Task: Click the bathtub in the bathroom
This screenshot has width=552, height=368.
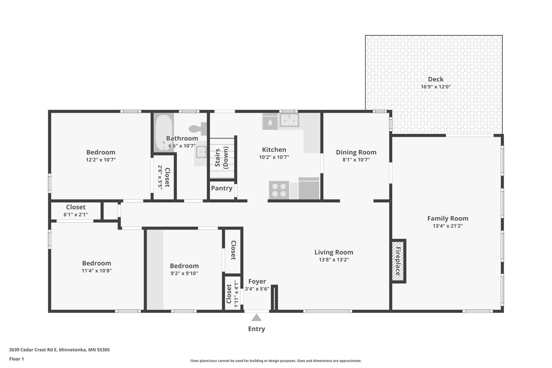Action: coord(163,132)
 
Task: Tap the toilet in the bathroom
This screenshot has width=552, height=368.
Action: coord(198,129)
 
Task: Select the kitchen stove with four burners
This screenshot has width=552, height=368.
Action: coord(279,190)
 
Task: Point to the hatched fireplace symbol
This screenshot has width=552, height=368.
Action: coord(398,261)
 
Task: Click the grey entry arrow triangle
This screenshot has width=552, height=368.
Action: coord(256,318)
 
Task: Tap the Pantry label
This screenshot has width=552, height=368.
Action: coord(222,188)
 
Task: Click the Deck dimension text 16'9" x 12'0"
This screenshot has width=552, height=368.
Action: coord(435,87)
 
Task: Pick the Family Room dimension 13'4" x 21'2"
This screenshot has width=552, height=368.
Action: coord(448,226)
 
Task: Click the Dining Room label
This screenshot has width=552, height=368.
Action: coord(356,152)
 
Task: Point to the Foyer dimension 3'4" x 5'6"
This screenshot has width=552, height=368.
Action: coord(257,289)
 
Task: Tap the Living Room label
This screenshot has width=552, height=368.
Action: coord(334,252)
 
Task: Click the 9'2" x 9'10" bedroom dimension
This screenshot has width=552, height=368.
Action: coord(184,273)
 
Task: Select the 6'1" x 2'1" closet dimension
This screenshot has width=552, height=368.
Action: coord(76,215)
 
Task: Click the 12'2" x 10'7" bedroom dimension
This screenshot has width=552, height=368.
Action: coord(101,160)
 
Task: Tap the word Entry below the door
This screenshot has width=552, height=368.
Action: coord(256,329)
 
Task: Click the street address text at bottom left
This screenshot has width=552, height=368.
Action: coord(59,350)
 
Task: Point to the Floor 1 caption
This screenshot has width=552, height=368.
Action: coord(16,359)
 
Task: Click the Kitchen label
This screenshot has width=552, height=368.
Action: coord(274,150)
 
